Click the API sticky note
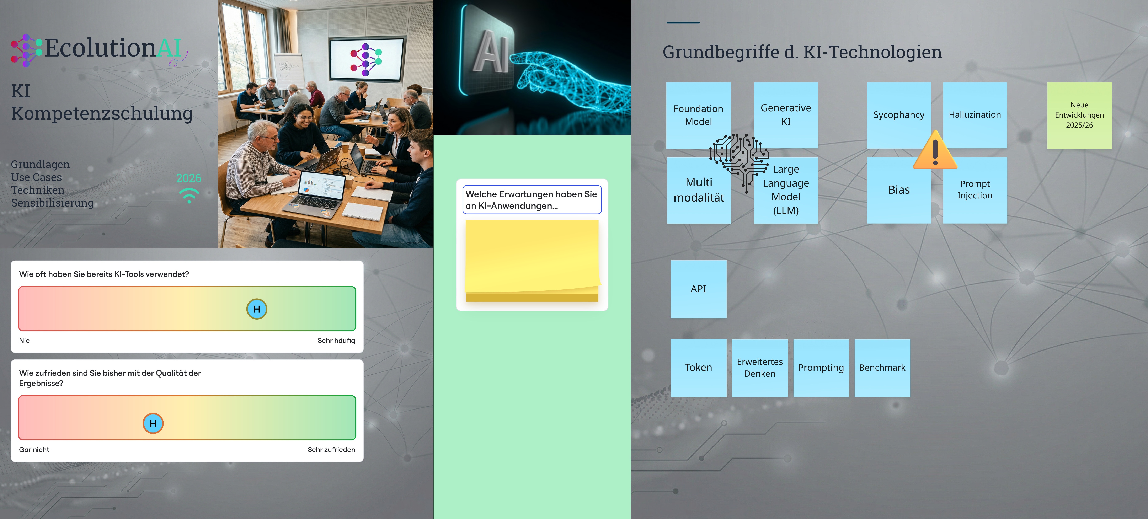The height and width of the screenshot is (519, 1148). (x=698, y=289)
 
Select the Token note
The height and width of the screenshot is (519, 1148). (x=698, y=368)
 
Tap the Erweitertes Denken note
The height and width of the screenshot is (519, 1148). (x=759, y=368)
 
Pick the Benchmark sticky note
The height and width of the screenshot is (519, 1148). (x=882, y=368)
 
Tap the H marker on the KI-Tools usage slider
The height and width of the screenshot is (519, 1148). (x=257, y=309)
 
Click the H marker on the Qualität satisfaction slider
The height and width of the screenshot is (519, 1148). (x=153, y=423)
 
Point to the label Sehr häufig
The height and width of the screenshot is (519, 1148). (x=336, y=340)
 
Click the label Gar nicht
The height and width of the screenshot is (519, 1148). (x=34, y=450)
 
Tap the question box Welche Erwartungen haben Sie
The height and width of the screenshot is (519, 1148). (x=532, y=200)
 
